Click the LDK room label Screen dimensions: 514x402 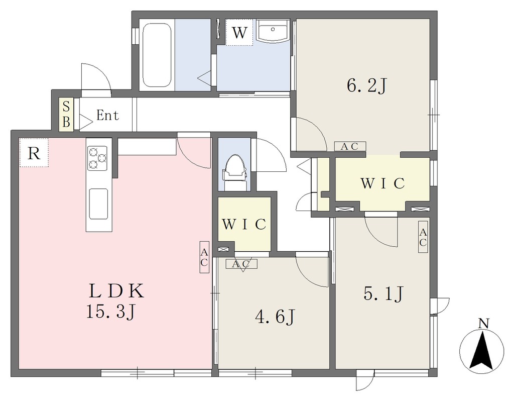[116, 291]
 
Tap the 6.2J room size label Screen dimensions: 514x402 [367, 86]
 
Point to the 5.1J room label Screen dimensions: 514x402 [383, 293]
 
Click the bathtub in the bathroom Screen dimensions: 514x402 [157, 55]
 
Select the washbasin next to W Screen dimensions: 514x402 [273, 31]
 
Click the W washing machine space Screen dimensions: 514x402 [239, 32]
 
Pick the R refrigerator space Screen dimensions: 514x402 [34, 153]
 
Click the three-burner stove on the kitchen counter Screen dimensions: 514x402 [97, 158]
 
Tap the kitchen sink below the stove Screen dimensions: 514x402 [98, 204]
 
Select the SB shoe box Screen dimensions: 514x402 [66, 115]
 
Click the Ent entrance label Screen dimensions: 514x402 [107, 115]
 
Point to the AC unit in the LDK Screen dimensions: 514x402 [204, 257]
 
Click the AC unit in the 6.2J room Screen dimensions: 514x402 [350, 146]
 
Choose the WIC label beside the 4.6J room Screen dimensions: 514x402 [244, 225]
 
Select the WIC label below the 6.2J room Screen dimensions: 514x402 [382, 183]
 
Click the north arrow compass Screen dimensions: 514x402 [481, 350]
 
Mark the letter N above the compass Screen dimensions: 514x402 [483, 324]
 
